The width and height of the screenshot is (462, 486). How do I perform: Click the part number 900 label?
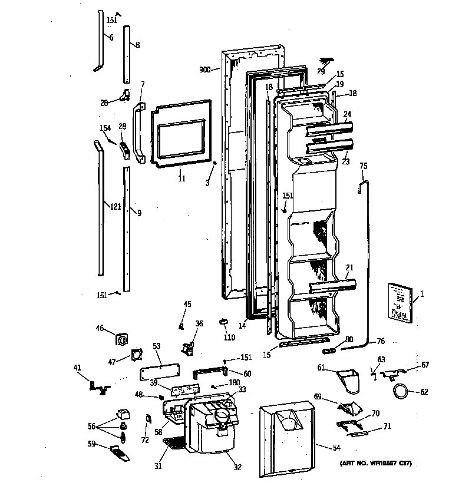point(204,70)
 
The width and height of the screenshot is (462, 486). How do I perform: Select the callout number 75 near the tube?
point(363,166)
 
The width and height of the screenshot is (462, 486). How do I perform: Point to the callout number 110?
point(229,338)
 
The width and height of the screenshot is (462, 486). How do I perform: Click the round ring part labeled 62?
point(401,390)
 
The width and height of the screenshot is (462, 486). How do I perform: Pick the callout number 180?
point(234,382)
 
